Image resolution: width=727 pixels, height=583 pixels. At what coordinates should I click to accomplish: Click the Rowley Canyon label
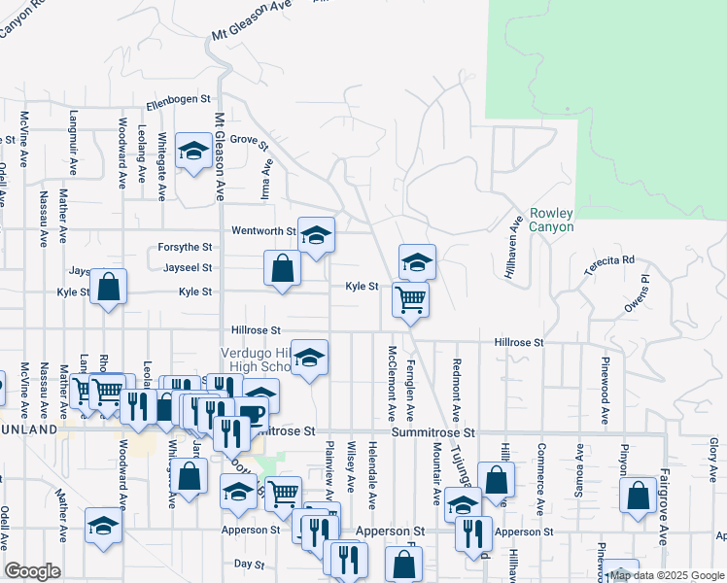pyautogui.click(x=551, y=220)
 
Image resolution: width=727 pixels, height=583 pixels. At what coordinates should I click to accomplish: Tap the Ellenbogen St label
pyautogui.click(x=178, y=99)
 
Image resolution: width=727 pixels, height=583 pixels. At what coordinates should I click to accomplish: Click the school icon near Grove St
pyautogui.click(x=194, y=152)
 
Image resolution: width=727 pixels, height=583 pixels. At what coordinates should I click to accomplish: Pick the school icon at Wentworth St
pyautogui.click(x=316, y=235)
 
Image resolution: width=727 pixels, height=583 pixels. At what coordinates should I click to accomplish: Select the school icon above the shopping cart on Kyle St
pyautogui.click(x=417, y=261)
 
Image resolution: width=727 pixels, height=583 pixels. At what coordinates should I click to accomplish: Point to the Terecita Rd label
pyautogui.click(x=609, y=260)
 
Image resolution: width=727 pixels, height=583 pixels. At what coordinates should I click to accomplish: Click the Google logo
pyautogui.click(x=32, y=571)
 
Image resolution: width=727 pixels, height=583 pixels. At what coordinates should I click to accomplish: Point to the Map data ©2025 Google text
pyautogui.click(x=667, y=576)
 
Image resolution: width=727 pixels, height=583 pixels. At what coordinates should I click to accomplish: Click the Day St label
pyautogui.click(x=250, y=564)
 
